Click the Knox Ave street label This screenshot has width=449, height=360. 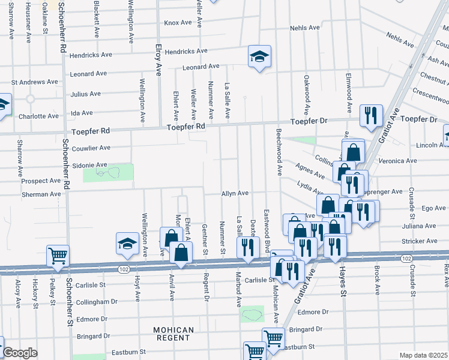[178, 23]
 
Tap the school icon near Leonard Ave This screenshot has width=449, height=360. [259, 57]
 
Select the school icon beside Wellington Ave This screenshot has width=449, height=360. [127, 244]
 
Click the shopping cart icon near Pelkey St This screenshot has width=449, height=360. [58, 256]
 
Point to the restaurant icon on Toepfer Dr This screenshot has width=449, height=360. [370, 115]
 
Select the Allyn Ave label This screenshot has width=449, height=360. [235, 193]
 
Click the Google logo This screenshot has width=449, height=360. [20, 353]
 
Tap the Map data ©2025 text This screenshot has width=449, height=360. [423, 355]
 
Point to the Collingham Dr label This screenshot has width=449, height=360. [89, 301]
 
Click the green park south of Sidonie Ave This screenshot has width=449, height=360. [108, 173]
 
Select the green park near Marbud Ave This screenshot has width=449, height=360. [252, 313]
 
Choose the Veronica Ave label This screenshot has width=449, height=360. [402, 161]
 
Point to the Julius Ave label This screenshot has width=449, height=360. [86, 94]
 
